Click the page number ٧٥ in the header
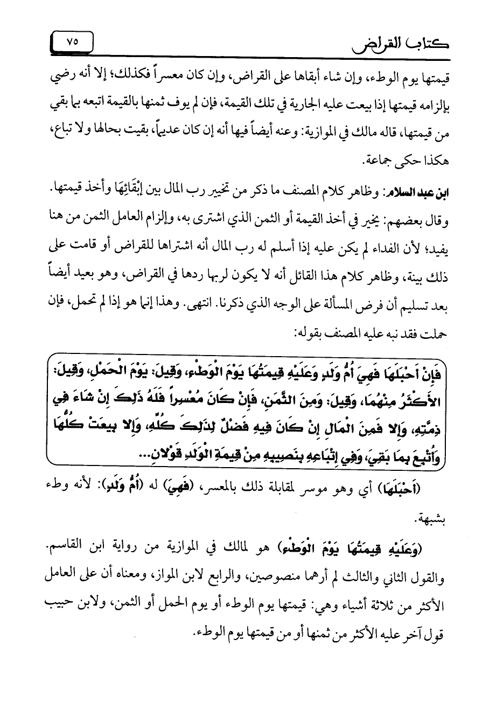pyautogui.click(x=72, y=43)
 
